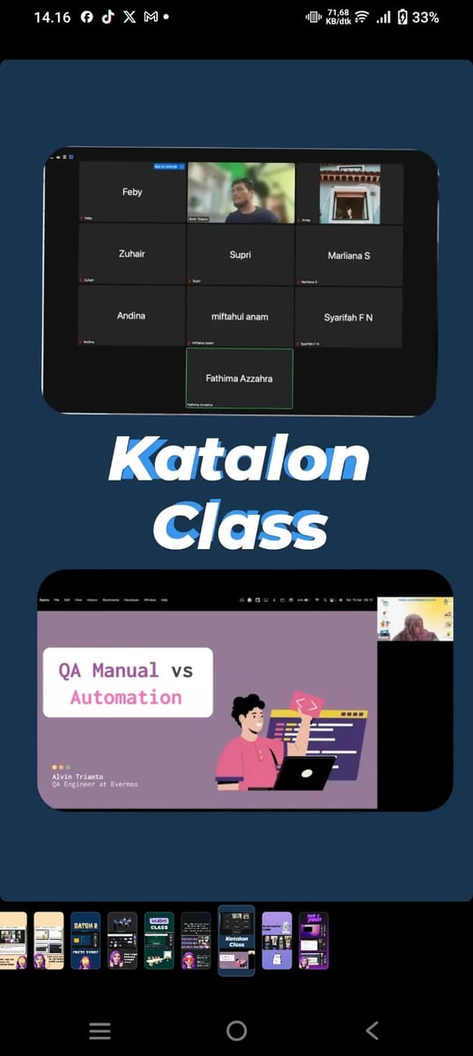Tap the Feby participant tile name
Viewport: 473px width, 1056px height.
(x=132, y=192)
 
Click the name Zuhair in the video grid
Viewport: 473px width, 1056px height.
(x=131, y=254)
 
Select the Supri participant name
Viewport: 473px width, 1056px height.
(x=240, y=255)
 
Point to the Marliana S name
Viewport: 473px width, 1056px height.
(x=349, y=256)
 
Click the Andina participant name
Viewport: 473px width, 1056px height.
(x=131, y=316)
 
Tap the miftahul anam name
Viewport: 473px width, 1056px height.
(x=240, y=317)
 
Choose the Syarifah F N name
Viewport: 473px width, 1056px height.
(x=348, y=318)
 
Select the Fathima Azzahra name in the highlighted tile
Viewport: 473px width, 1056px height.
(x=240, y=378)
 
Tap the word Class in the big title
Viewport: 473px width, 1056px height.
(x=240, y=525)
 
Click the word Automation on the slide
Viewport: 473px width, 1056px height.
(x=126, y=697)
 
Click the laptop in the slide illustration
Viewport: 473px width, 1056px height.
(x=304, y=774)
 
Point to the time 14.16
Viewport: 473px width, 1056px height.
(x=52, y=17)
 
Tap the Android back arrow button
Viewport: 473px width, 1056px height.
(x=372, y=1030)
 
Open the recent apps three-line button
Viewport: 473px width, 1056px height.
(x=100, y=1030)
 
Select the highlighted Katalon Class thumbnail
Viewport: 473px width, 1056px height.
(x=236, y=940)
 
